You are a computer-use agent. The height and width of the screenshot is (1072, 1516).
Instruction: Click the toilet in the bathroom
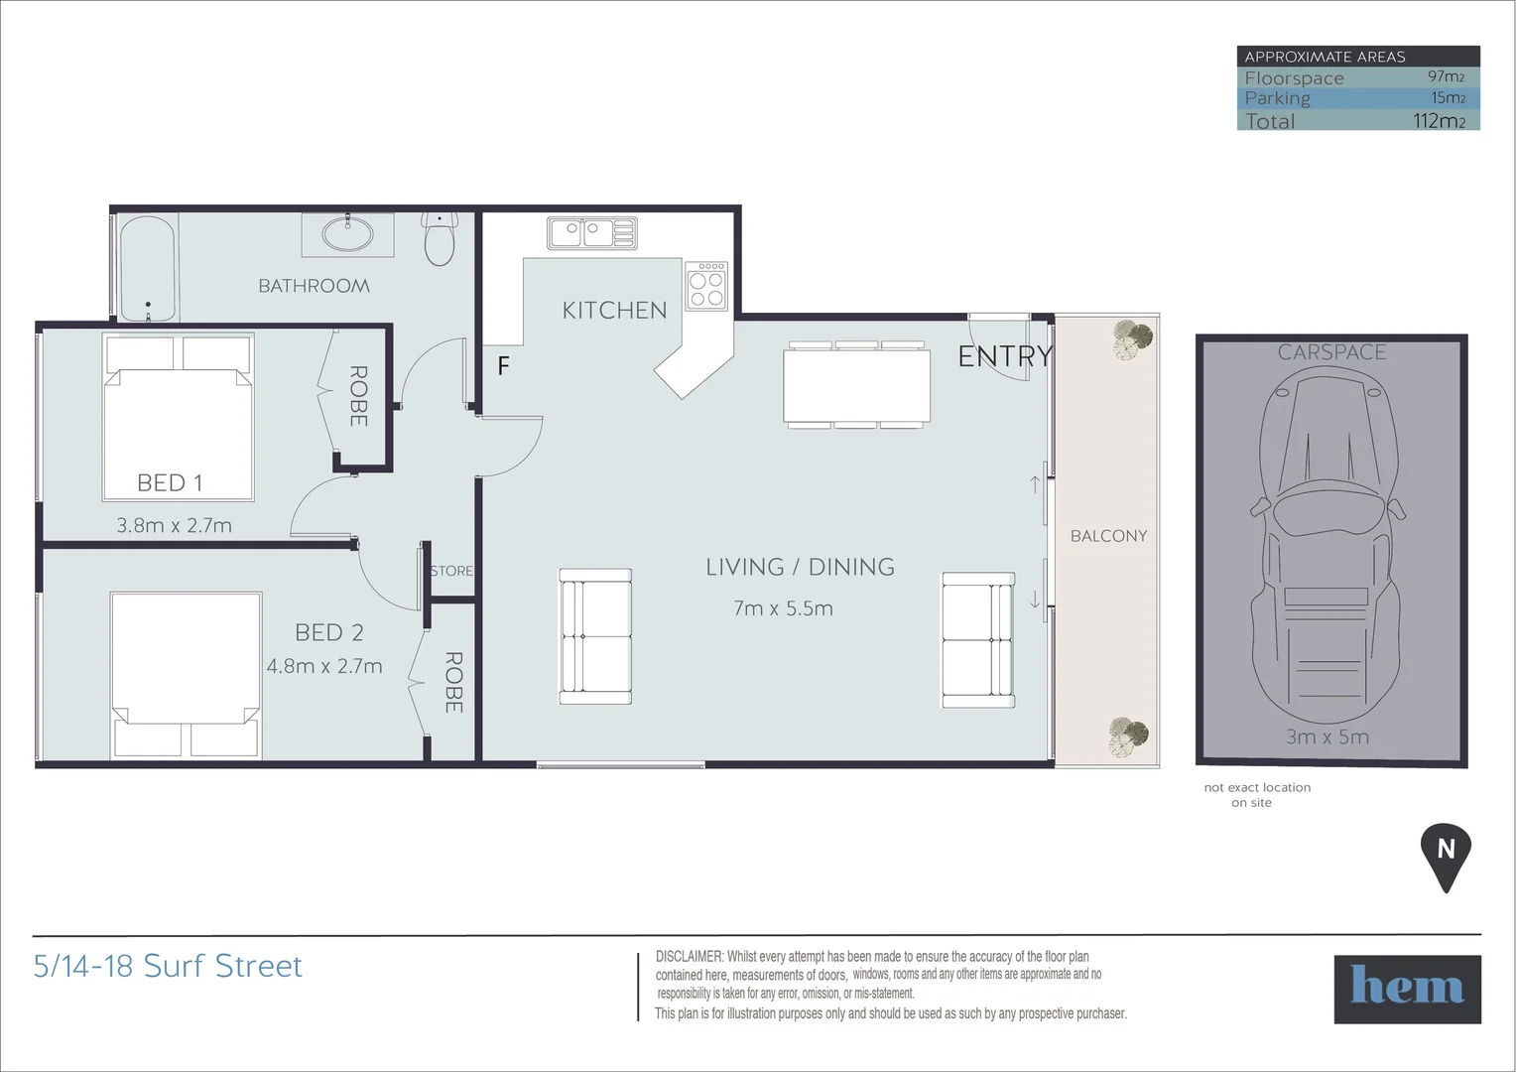coord(440,239)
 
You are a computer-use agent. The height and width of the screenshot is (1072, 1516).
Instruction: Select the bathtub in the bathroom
coord(148,268)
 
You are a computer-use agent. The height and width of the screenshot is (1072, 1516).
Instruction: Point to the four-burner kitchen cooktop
coord(706,286)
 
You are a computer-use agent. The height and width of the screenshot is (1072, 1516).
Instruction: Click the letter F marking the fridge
coord(503,366)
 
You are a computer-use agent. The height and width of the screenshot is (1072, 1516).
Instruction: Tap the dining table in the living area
coord(856,385)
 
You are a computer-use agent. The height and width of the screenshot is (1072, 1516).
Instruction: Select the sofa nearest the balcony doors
coord(977,640)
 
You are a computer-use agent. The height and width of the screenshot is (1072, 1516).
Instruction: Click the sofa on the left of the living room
coord(595,636)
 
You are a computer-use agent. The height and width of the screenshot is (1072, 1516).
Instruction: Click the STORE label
coord(451,571)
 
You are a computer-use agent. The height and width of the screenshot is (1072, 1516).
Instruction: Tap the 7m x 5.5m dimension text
coord(783,608)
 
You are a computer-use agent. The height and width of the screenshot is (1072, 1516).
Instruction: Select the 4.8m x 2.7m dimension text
coord(324,666)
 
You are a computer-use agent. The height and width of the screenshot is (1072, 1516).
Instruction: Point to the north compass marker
coord(1446,854)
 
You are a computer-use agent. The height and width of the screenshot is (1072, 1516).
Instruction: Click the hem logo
coord(1407,989)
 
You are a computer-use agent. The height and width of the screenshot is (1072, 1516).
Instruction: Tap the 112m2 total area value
coord(1439,121)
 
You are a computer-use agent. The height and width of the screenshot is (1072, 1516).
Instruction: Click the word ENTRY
coord(1004,356)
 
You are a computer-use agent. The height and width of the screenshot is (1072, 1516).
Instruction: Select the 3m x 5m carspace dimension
coord(1326,737)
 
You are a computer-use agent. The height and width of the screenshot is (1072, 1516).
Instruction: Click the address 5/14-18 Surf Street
coord(168,966)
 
